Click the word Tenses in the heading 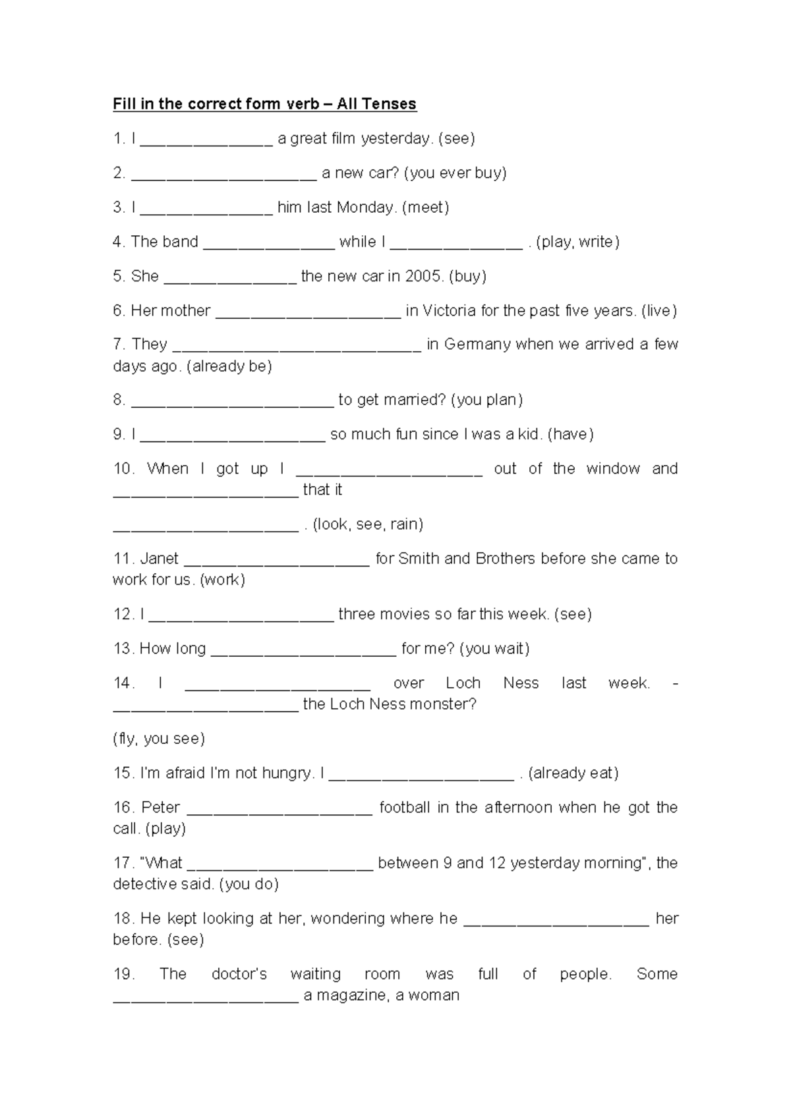[x=391, y=104]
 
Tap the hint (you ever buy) [x=455, y=173]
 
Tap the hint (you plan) [x=487, y=400]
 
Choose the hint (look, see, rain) [x=368, y=524]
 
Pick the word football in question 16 [x=405, y=808]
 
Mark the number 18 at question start [x=122, y=918]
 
